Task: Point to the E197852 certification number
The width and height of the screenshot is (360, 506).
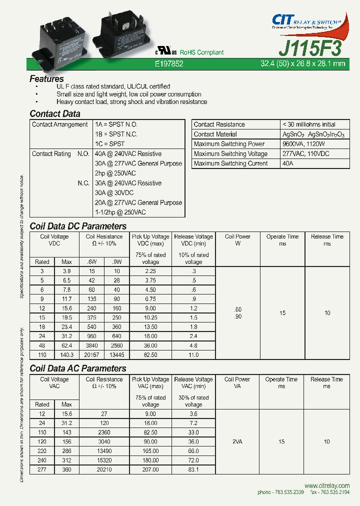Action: coord(169,64)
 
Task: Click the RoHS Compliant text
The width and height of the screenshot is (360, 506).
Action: coord(201,52)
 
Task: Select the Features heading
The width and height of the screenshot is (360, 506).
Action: coord(46,78)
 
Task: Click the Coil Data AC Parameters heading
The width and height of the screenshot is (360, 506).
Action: coord(77,368)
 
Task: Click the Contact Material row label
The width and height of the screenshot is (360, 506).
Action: coord(215,134)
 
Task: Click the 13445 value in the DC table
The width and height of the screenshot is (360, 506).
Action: coord(116,354)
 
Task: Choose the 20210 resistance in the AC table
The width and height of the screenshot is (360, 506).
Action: coord(104,469)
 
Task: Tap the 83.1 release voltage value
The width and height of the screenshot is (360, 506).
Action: coord(193,469)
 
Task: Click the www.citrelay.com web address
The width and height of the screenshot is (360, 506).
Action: coord(326,485)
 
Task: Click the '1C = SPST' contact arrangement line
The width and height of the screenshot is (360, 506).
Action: coord(109,144)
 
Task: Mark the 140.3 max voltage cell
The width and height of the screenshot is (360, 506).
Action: coord(66,354)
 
